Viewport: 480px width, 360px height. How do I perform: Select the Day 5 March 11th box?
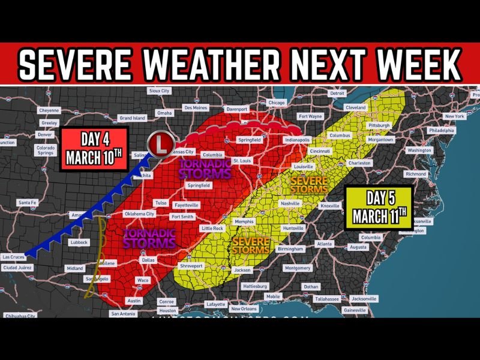[379, 208]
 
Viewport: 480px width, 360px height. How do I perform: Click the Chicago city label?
[277, 103]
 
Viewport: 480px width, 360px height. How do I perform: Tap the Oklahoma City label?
[139, 214]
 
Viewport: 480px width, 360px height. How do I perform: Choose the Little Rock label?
[212, 229]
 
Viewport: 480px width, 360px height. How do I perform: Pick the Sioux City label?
[160, 91]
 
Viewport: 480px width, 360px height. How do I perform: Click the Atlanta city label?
[324, 244]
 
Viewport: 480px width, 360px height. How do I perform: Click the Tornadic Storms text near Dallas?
[149, 238]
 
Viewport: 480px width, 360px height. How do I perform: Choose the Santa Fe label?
[27, 203]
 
